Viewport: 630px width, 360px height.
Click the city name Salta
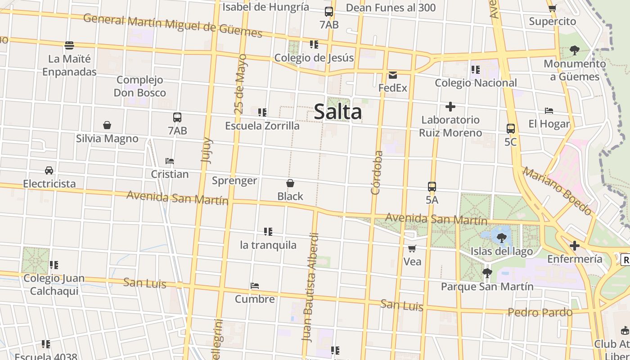337,112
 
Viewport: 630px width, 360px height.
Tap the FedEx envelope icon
393,75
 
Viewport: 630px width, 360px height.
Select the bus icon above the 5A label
432,186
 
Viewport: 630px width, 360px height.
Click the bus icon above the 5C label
510,129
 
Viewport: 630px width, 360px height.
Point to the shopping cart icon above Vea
412,248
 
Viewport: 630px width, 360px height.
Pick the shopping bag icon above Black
290,183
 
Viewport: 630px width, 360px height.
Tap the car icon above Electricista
49,171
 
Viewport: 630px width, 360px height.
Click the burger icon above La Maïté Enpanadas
69,45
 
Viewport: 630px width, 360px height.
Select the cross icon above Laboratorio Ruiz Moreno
450,107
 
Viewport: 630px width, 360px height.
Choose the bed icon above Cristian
170,161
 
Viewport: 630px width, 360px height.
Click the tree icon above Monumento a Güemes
574,50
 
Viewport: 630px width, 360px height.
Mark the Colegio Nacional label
476,83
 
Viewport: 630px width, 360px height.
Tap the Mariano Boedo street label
557,191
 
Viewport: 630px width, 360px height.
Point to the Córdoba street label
377,172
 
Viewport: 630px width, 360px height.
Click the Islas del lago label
502,251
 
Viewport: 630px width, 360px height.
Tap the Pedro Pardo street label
540,312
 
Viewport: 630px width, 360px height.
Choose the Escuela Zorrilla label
262,126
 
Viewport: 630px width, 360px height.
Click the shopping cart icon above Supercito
552,8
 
